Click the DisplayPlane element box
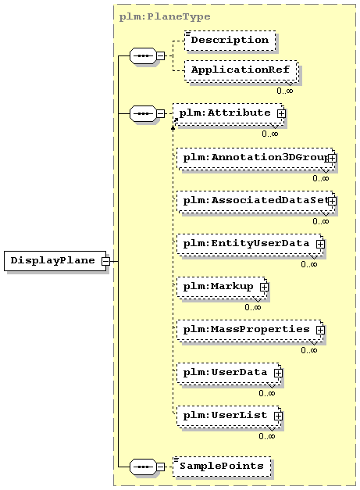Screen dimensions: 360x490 click(x=55, y=260)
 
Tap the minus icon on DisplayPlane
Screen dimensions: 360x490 click(x=106, y=261)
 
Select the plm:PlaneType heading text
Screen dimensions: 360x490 click(x=165, y=16)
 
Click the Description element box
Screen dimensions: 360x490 click(x=230, y=41)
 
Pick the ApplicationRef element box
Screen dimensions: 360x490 click(x=241, y=70)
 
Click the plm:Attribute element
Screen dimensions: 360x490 click(x=229, y=114)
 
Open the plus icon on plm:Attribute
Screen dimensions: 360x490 click(x=281, y=114)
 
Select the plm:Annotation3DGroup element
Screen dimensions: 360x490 click(x=256, y=159)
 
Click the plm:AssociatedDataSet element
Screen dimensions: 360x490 click(x=256, y=202)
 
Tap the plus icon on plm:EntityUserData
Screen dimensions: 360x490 click(x=320, y=244)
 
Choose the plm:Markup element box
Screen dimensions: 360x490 click(x=222, y=288)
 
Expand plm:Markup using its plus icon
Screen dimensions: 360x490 click(x=264, y=287)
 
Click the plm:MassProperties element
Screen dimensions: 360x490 click(x=250, y=331)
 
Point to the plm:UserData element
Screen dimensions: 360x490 click(x=229, y=374)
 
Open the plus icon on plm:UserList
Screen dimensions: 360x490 click(x=278, y=416)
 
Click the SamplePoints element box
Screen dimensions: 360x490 click(x=222, y=467)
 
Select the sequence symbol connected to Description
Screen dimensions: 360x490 click(x=144, y=56)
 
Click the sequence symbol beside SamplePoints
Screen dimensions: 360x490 click(x=144, y=467)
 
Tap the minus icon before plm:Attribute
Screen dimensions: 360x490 click(x=161, y=114)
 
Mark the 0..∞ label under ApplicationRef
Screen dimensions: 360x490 click(x=285, y=91)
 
